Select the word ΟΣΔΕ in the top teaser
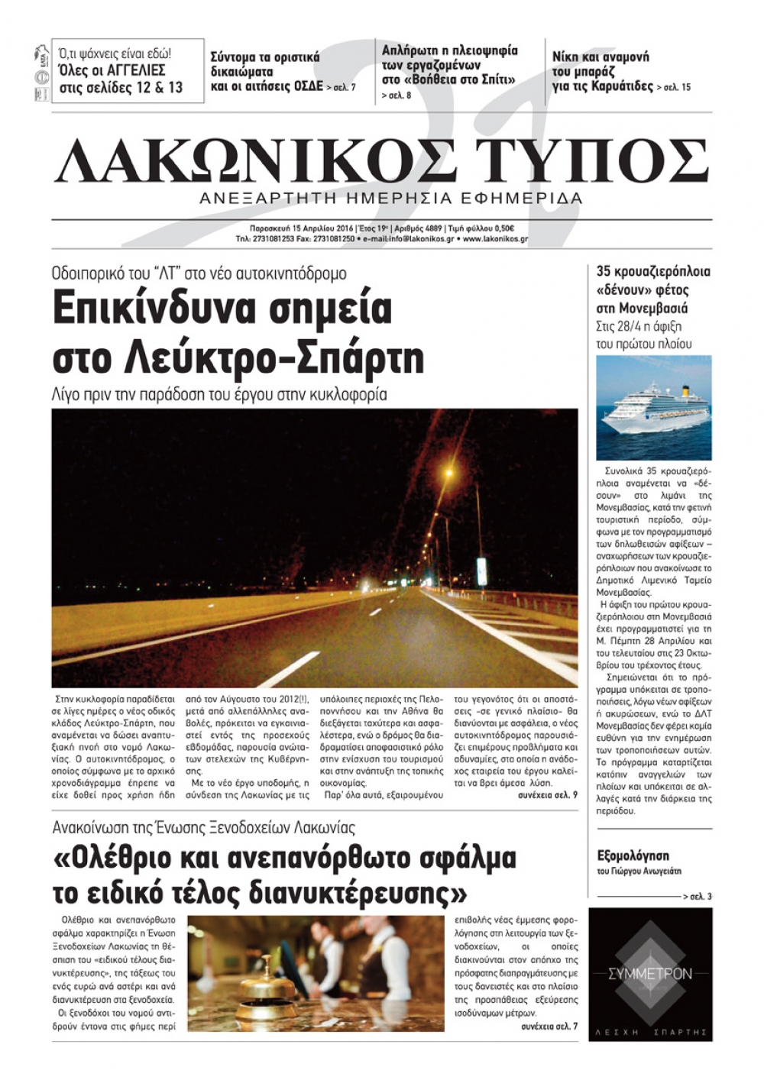(x=308, y=86)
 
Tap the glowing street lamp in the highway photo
(x=449, y=474)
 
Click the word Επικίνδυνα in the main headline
(x=222, y=309)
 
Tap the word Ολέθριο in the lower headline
(x=115, y=859)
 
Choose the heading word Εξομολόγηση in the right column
(x=633, y=855)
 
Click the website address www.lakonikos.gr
(x=495, y=239)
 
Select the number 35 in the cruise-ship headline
(x=604, y=271)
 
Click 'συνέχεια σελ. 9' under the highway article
(x=547, y=795)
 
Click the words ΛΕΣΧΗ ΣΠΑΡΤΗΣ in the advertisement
(x=650, y=1033)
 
